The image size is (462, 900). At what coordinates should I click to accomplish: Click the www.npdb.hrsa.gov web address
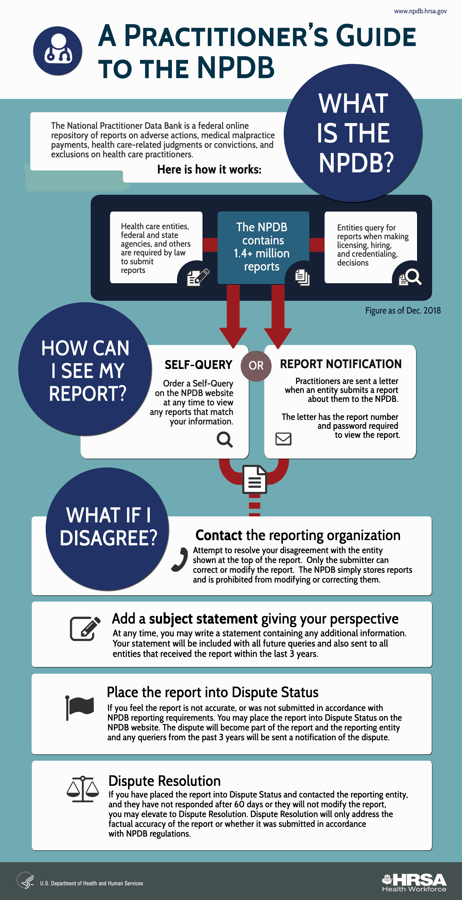point(420,11)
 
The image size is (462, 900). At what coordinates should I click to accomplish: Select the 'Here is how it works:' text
point(209,169)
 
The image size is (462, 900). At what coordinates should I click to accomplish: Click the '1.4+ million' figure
point(262,253)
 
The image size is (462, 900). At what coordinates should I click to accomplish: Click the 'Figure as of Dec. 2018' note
point(403,311)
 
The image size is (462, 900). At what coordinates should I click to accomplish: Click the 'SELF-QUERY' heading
point(199,365)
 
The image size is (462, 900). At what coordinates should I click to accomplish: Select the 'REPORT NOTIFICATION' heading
point(341,364)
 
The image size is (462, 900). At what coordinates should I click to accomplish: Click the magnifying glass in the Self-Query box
point(225,439)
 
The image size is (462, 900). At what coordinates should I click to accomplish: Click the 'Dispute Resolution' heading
point(165,781)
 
